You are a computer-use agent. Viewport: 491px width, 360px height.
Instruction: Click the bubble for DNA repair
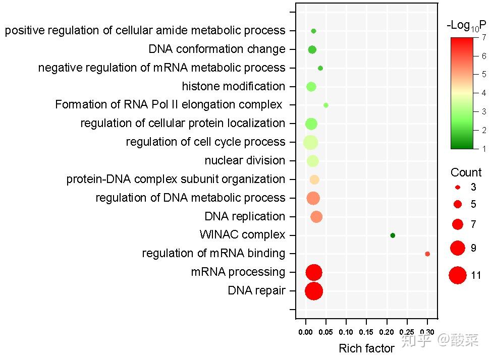click(314, 291)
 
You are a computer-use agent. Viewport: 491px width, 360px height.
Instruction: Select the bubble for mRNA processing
click(314, 272)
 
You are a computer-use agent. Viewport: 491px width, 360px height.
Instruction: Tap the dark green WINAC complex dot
click(393, 235)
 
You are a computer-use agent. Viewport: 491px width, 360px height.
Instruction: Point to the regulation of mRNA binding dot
click(427, 254)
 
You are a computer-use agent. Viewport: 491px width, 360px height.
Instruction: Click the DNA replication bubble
click(316, 217)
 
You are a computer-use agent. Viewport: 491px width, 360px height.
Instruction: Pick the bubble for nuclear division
click(312, 161)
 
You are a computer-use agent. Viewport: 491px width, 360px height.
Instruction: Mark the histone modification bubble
click(311, 87)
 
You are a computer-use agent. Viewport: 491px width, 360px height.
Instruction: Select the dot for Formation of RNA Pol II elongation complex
click(325, 105)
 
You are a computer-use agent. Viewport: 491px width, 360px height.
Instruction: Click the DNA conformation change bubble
click(312, 49)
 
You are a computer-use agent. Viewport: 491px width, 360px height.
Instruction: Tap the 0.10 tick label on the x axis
click(346, 332)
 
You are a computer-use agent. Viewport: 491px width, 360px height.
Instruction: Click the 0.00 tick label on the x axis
click(305, 332)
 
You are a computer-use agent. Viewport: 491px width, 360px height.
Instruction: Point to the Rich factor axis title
click(366, 348)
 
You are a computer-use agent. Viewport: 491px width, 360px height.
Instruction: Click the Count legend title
click(466, 172)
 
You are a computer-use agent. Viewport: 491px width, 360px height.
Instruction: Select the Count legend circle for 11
click(458, 275)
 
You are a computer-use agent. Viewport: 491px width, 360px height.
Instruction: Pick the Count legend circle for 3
click(458, 188)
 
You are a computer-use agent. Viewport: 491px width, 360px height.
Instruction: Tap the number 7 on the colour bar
click(484, 37)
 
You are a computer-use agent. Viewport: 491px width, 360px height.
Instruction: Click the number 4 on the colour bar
click(484, 93)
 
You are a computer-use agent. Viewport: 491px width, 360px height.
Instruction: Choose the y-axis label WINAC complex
click(242, 234)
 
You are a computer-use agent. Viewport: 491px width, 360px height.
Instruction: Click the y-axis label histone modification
click(234, 86)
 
